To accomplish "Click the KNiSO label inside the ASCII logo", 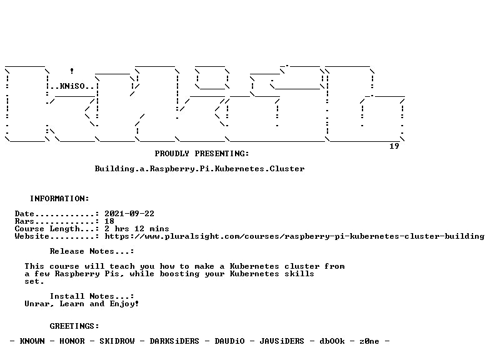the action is tap(72, 86).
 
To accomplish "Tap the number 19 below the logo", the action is tap(394, 146).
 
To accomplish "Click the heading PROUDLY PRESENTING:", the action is tap(202, 154).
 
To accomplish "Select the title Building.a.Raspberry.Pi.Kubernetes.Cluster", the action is tap(200, 169).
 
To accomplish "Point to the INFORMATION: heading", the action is tap(60, 199).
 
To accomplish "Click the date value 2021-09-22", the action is tap(129, 214).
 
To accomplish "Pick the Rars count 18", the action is tap(109, 221).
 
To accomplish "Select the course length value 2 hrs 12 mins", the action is tap(137, 229).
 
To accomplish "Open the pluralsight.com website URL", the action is tap(294, 236).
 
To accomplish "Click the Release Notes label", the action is tap(92, 251).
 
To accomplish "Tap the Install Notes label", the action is tap(92, 296).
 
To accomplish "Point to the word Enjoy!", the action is tap(124, 304).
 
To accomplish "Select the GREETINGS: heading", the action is tap(74, 326).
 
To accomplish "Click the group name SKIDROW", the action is tap(117, 341).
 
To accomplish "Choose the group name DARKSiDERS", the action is tap(174, 341).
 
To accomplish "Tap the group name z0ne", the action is tap(369, 341).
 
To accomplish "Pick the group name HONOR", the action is tap(72, 341).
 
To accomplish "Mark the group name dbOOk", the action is tap(332, 341).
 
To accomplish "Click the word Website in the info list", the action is tap(32, 236).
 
